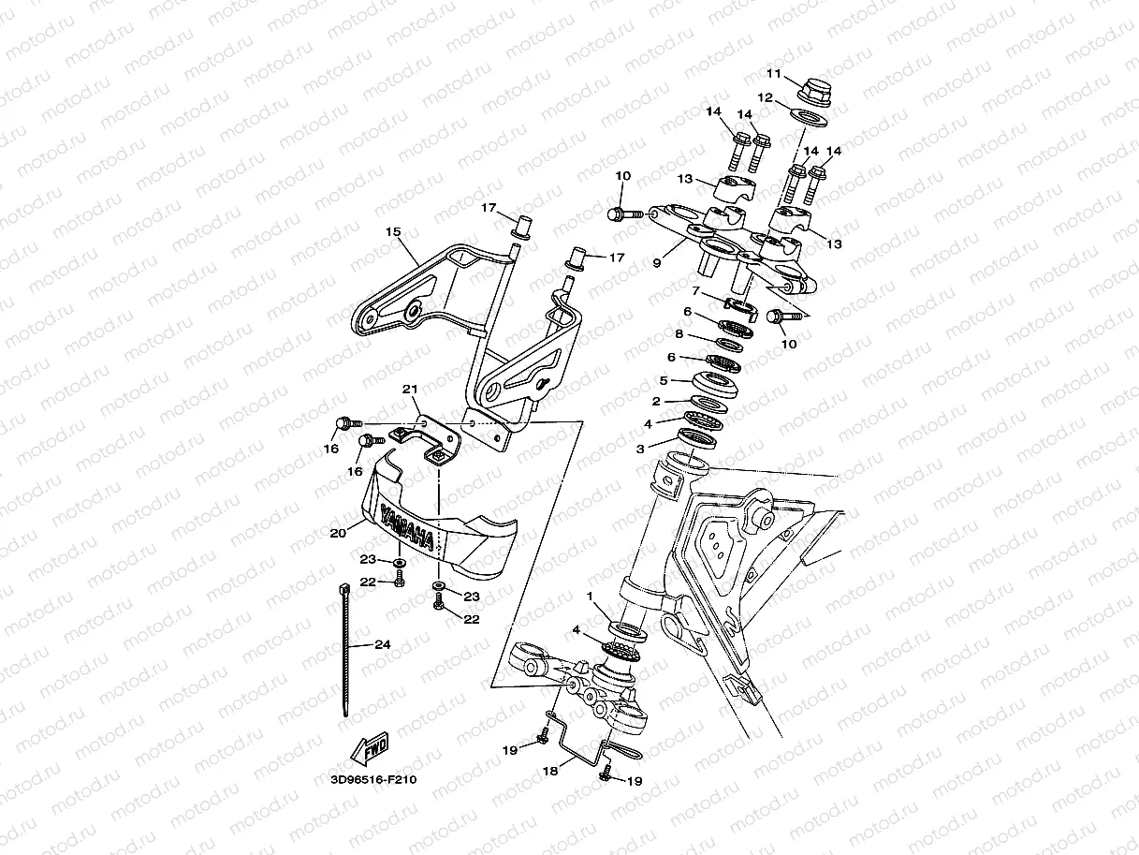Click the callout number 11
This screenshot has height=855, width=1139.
coord(773,73)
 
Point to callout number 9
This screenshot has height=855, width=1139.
coord(656,263)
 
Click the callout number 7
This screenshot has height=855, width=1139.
coord(695,291)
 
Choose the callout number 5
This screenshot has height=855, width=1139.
coord(663,381)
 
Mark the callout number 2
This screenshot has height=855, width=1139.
coord(656,401)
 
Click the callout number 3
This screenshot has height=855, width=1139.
coord(640,450)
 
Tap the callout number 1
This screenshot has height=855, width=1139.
coord(590,596)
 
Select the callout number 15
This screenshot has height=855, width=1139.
coord(392,230)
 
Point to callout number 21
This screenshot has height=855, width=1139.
coord(409,390)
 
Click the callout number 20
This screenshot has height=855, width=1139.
coord(338,532)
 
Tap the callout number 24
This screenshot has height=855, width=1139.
coord(382,643)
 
